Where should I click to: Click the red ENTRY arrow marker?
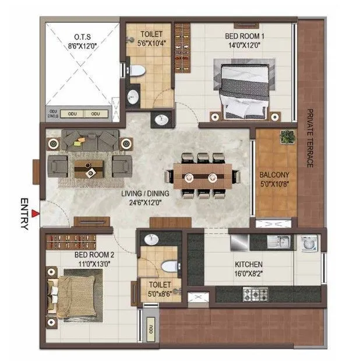coord(36,215)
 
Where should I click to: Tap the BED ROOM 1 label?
coord(245,36)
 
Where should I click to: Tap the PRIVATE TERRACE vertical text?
coord(310,138)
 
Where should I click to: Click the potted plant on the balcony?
coord(287,138)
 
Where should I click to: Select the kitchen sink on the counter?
coord(279,241)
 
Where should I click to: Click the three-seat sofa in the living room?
coord(90,141)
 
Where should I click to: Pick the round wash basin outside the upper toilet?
coord(161,121)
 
